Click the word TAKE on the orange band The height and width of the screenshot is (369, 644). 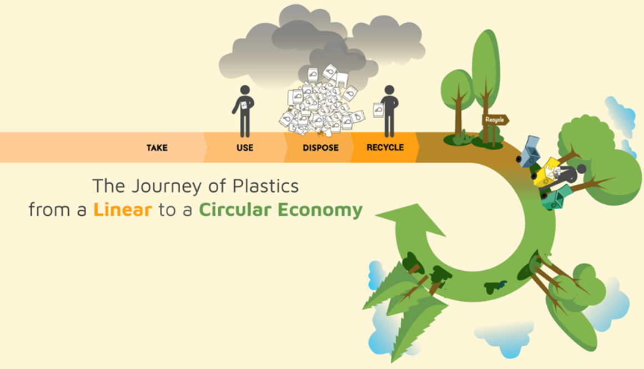click(x=157, y=148)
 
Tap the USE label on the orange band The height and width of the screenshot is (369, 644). click(x=245, y=148)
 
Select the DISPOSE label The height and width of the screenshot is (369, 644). click(x=320, y=148)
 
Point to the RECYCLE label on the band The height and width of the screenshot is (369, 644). click(x=385, y=148)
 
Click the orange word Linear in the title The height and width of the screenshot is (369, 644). click(x=122, y=210)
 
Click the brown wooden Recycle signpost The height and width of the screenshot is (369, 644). click(x=495, y=120)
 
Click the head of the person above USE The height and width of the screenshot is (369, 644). click(x=244, y=90)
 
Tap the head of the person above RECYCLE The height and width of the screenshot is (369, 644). click(x=389, y=90)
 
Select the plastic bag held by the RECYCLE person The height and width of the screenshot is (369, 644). click(x=379, y=109)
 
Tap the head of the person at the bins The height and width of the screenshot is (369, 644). click(x=581, y=169)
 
